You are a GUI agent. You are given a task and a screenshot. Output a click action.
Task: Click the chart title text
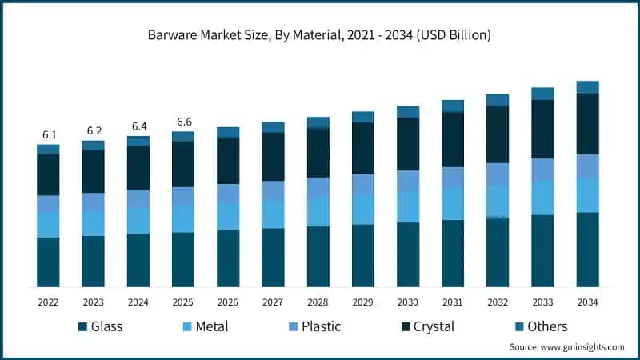pos(319,35)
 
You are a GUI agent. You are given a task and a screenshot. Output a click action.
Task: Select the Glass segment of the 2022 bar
pos(48,262)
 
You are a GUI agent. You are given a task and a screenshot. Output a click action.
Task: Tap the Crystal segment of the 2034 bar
pos(588,124)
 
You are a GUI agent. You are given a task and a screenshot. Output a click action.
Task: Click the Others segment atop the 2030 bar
pos(408,112)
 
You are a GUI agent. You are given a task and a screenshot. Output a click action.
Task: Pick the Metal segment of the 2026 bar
pos(228,216)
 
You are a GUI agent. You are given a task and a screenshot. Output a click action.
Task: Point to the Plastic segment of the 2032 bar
pos(498,174)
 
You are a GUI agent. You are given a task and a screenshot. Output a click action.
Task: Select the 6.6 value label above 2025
pos(183,122)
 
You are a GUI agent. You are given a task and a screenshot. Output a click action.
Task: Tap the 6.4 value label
pos(138,126)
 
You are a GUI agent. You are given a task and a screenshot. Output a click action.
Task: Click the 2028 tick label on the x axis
pos(318,302)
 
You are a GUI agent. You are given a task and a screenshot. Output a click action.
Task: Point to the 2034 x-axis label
pos(588,302)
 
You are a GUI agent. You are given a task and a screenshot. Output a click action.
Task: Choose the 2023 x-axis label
pos(93,302)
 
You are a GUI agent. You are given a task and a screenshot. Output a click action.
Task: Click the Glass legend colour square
pos(82,326)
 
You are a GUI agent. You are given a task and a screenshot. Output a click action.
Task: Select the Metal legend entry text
pos(211,326)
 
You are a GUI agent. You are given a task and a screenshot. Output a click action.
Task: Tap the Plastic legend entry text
pos(321,326)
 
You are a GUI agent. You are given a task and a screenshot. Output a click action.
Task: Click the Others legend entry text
pos(547,326)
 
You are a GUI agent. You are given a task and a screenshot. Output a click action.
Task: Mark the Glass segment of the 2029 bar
pos(363,255)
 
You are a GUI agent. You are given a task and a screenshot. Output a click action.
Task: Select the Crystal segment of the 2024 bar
pos(138,168)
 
